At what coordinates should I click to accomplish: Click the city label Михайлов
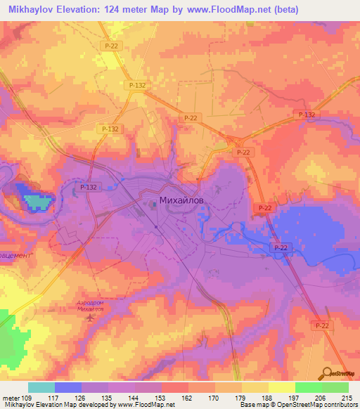184,200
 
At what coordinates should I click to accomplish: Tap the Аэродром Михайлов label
90,306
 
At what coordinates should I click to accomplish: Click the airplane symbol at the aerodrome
89,318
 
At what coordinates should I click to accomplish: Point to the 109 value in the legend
25,398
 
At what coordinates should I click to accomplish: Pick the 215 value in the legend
345,398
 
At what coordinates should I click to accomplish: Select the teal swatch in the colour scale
41,387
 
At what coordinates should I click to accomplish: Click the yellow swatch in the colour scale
281,387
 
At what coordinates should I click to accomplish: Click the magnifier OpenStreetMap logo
328,372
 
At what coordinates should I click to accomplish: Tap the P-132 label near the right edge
307,115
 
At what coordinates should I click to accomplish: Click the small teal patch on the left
37,202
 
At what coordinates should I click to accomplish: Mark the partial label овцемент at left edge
15,255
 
